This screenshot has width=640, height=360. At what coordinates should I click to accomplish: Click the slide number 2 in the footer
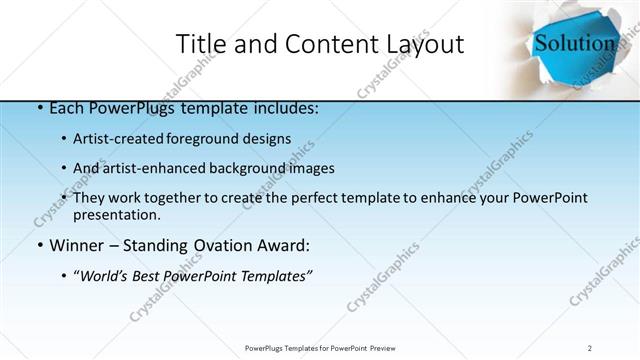click(x=590, y=347)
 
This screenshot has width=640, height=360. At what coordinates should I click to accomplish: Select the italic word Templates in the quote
click(x=274, y=275)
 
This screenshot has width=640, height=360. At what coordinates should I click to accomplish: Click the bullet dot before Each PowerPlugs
click(x=39, y=108)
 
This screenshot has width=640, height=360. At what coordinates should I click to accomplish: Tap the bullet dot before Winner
click(x=39, y=245)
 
